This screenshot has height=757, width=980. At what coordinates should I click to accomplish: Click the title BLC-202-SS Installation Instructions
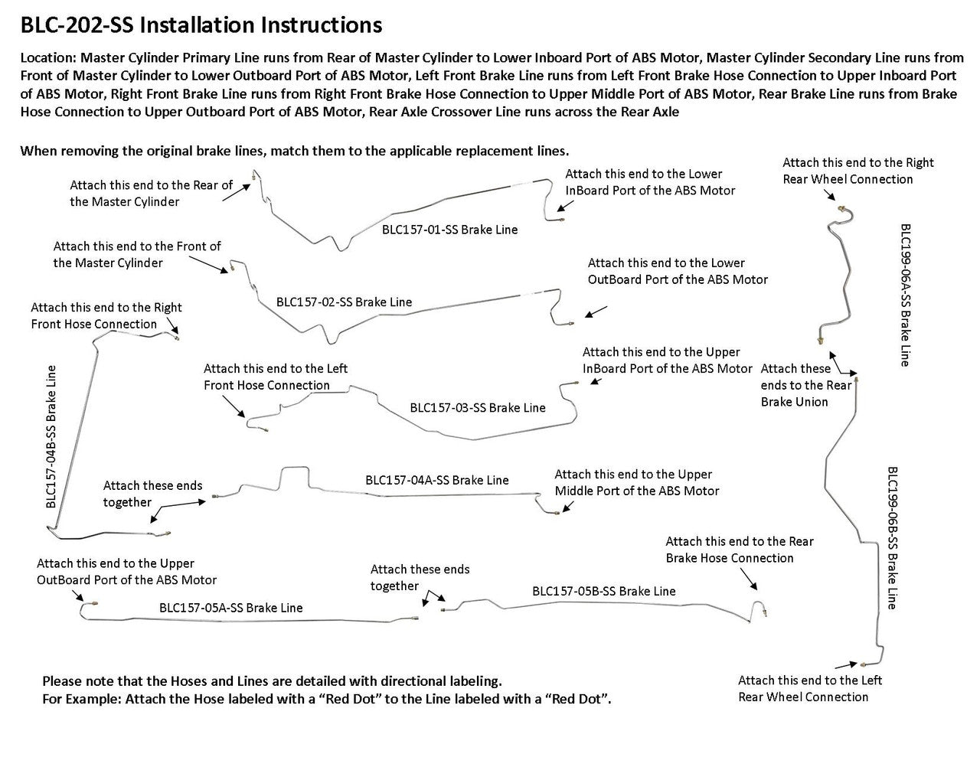201,25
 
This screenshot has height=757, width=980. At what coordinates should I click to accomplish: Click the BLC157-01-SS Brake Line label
449,230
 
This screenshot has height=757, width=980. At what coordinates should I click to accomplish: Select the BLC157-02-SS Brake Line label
344,302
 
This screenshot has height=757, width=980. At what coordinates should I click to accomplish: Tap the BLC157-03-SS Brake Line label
478,408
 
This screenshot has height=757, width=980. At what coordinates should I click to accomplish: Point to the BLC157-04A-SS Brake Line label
436,481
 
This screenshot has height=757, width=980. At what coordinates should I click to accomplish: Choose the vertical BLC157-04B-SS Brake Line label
51,436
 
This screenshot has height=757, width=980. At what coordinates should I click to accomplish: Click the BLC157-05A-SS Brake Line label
230,609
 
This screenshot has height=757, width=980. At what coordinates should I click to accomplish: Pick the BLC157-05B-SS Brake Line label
603,592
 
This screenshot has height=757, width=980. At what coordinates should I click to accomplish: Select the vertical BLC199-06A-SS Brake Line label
905,295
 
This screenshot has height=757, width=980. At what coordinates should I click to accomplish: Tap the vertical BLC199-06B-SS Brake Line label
892,537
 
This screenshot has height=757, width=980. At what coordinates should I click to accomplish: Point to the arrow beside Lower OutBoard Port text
596,311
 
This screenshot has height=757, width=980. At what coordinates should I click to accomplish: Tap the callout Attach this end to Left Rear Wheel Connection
809,688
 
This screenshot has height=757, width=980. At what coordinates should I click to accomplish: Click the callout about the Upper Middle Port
636,483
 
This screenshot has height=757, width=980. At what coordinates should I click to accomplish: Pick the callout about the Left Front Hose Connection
275,377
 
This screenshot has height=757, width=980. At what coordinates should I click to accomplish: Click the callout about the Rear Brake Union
805,385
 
